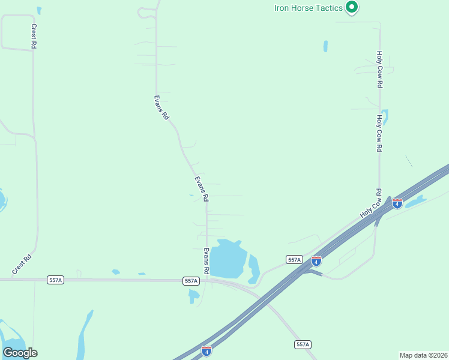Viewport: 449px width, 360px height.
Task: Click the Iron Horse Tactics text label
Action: [308, 8]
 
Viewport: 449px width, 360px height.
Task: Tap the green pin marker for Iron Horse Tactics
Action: [352, 8]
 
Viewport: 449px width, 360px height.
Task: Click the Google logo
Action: [20, 353]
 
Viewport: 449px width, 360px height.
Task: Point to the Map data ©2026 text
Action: [423, 355]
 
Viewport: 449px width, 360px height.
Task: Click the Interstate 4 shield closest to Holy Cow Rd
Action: [397, 204]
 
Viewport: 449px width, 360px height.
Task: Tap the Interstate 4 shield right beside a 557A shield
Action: [316, 261]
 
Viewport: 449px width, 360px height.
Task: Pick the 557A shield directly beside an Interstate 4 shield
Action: [294, 259]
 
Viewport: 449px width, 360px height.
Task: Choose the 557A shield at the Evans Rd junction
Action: [191, 281]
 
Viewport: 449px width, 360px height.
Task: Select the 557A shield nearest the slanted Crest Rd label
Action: [55, 280]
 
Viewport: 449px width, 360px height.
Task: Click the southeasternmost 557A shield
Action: [303, 344]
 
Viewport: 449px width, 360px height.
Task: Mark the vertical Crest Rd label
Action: [34, 37]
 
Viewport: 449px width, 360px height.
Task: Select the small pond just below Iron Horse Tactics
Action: [325, 46]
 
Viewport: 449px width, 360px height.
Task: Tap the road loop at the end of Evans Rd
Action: [146, 12]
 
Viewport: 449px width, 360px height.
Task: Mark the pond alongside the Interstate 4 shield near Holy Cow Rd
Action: [416, 202]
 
